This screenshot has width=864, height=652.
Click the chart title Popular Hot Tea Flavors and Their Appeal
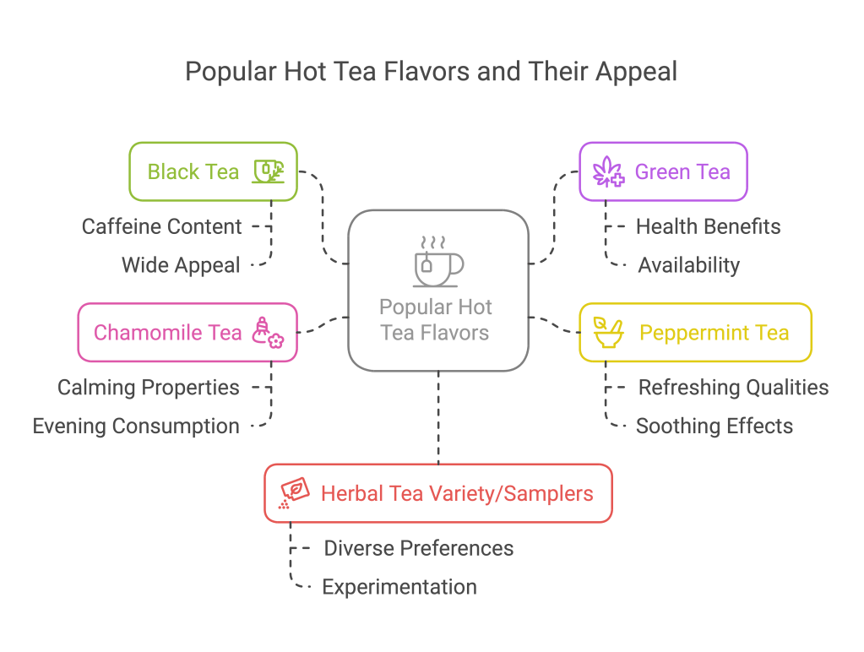pyautogui.click(x=432, y=72)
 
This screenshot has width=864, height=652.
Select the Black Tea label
pyautogui.click(x=193, y=172)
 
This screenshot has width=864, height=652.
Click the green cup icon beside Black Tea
pyautogui.click(x=269, y=171)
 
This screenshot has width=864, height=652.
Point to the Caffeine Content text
pyautogui.click(x=161, y=226)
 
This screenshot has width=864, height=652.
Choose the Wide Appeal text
pyautogui.click(x=181, y=265)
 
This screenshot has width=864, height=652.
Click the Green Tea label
pyautogui.click(x=682, y=172)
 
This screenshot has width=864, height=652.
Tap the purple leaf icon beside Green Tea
pyautogui.click(x=607, y=172)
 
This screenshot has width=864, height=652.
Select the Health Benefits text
pyautogui.click(x=708, y=226)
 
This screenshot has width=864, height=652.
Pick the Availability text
pyautogui.click(x=688, y=265)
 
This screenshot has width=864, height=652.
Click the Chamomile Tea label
pyautogui.click(x=167, y=333)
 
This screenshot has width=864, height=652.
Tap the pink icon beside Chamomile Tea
pyautogui.click(x=268, y=332)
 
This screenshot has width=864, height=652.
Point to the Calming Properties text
pyautogui.click(x=148, y=388)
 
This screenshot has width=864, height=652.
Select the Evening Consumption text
pyautogui.click(x=136, y=426)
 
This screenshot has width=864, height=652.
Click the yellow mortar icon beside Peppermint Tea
pyautogui.click(x=606, y=333)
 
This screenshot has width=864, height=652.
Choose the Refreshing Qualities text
pyautogui.click(x=733, y=388)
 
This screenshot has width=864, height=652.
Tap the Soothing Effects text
pyautogui.click(x=714, y=426)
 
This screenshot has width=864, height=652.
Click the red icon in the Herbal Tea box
pyautogui.click(x=292, y=493)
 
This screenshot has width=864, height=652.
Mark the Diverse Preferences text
pyautogui.click(x=419, y=548)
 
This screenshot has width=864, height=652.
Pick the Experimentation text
pyautogui.click(x=399, y=586)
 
